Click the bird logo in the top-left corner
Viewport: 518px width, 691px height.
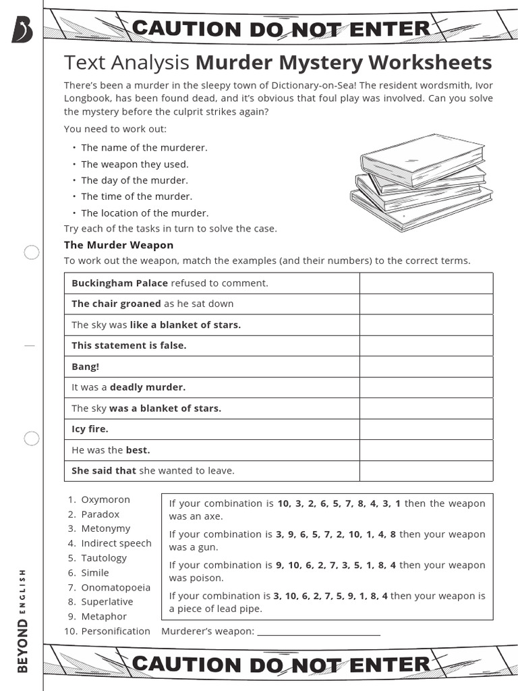[22, 30]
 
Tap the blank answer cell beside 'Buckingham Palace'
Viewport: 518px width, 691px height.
[426, 283]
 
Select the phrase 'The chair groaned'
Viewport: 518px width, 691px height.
[116, 304]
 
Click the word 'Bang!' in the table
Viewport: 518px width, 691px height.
[86, 366]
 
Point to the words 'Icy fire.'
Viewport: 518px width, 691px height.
[90, 429]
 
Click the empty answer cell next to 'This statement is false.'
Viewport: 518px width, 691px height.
[426, 345]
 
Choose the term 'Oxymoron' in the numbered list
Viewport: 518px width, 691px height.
[105, 500]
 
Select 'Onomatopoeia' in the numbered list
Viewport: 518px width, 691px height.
[115, 587]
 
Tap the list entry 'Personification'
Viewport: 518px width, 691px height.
[115, 631]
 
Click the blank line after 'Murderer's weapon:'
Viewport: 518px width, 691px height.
[318, 632]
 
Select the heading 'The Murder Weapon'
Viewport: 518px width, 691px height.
[119, 245]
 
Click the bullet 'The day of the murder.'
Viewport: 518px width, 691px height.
[134, 180]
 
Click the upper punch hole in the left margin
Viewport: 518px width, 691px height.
[32, 253]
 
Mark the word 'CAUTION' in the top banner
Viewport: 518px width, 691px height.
[186, 29]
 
